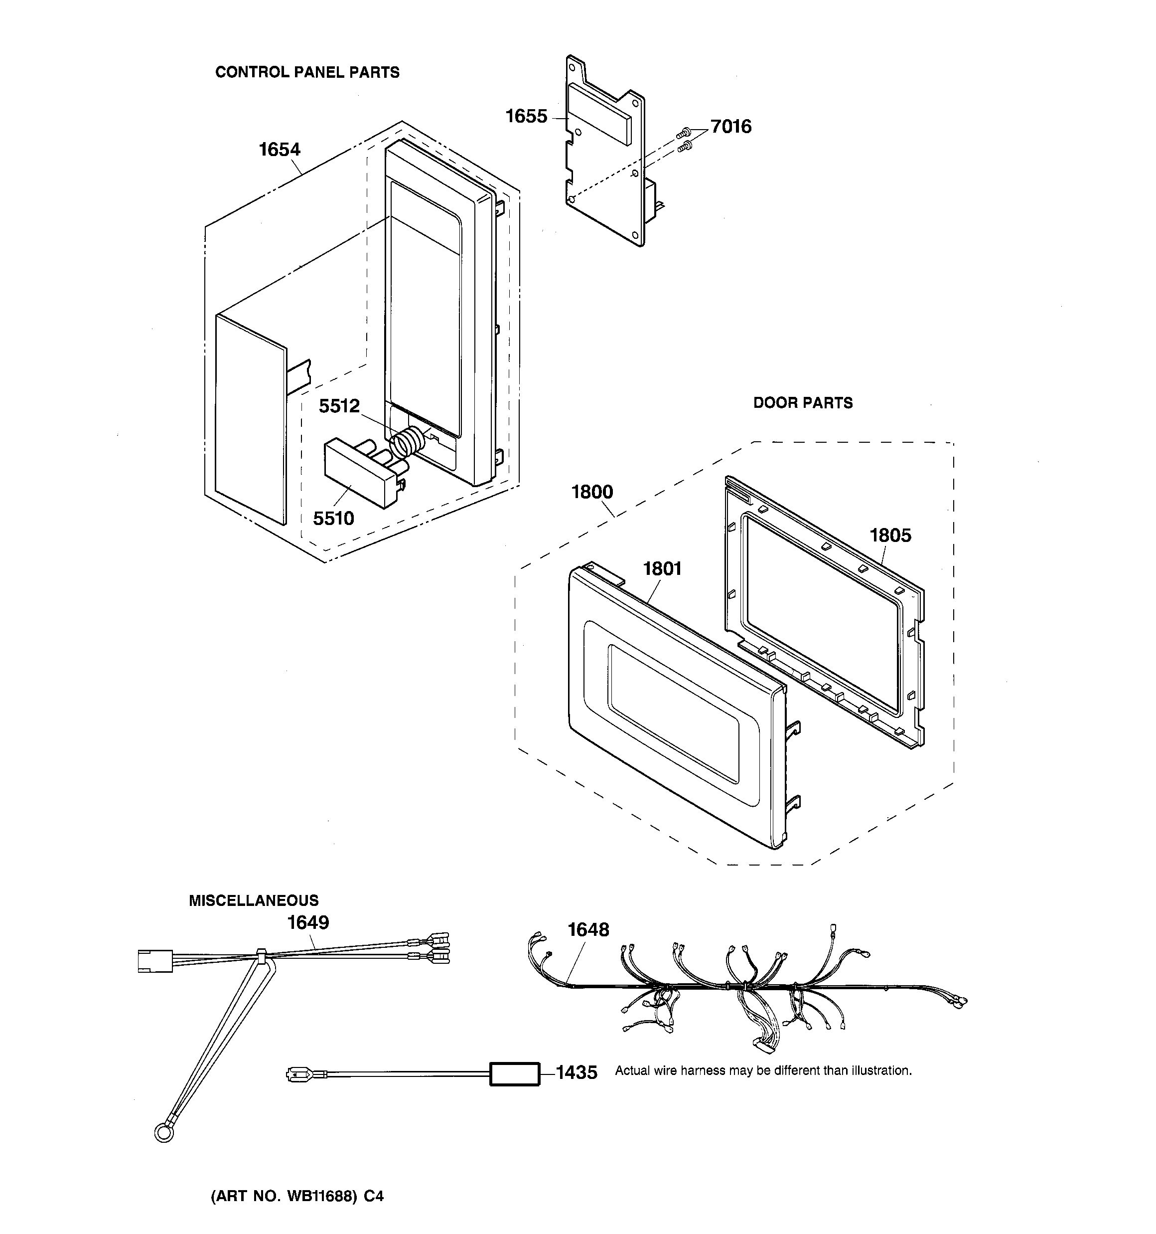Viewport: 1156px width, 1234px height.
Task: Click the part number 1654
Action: point(279,150)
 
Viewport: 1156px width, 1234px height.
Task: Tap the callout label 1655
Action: point(526,116)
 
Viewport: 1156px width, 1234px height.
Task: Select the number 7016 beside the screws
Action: point(730,127)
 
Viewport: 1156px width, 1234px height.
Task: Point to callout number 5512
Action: point(339,406)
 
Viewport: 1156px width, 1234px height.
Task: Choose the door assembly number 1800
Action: point(591,492)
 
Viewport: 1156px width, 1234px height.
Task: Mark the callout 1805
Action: point(890,535)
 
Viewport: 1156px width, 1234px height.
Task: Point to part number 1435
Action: point(577,1072)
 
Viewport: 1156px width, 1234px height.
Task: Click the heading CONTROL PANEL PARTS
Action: point(307,73)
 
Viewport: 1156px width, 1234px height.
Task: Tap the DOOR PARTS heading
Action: point(802,403)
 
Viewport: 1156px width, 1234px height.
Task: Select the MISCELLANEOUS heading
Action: point(253,900)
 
